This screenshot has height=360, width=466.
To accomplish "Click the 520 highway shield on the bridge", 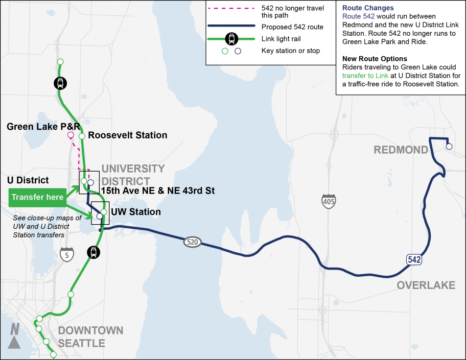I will point(192,242).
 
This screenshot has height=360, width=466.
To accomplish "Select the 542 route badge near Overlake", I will point(414,260).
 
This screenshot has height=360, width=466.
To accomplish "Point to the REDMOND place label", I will point(400,150).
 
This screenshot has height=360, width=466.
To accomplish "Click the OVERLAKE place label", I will point(426,285).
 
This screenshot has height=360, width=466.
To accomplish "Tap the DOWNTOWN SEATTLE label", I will point(90,337).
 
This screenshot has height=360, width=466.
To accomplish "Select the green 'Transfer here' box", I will point(38,197).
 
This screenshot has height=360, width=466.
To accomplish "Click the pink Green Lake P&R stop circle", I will point(71,135).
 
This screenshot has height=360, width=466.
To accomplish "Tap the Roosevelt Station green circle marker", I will point(81,136).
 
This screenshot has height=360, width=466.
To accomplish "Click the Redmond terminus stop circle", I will point(449,147).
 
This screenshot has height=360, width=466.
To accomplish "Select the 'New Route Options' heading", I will point(375,59).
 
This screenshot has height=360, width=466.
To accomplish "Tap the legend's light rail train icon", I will point(232,38).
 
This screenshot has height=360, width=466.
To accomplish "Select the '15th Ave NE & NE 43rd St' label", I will point(157,191).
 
